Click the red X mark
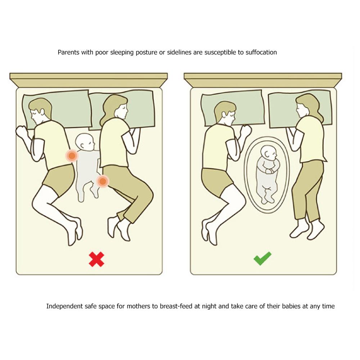click(x=96, y=259)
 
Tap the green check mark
click(x=262, y=258)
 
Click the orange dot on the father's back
click(x=72, y=156)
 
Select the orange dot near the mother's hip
click(x=103, y=181)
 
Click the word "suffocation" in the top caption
click(x=261, y=52)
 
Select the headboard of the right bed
click(x=263, y=80)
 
